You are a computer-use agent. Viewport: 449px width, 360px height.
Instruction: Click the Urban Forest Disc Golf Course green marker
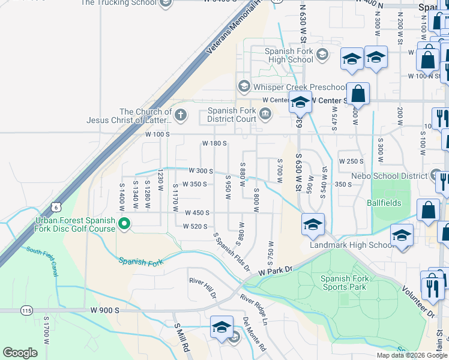(125, 224)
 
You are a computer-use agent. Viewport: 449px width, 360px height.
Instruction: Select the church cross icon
(181, 114)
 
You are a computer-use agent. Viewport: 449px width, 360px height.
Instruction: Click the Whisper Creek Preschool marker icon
(243, 86)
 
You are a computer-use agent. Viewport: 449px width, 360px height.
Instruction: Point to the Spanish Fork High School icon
(322, 55)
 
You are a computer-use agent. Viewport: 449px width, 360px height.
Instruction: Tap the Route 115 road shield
(26, 310)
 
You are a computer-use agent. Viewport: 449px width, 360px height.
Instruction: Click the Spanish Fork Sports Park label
(345, 283)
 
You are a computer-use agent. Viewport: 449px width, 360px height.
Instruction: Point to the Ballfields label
(384, 203)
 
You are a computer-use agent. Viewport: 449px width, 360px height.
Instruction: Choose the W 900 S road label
(106, 310)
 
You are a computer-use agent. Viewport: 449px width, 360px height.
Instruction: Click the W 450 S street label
(196, 212)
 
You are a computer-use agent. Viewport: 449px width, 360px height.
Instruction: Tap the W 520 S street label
(196, 226)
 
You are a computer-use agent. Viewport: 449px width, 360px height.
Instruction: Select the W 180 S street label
(214, 143)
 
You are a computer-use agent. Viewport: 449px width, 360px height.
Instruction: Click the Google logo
(20, 353)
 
